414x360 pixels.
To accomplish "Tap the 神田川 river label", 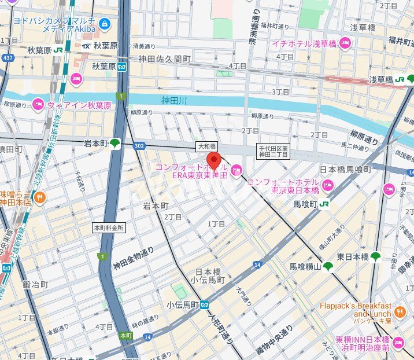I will coord(174,101).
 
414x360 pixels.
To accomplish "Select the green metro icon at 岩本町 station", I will coord(115,144).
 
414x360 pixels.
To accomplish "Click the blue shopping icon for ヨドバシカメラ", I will coord(104,24).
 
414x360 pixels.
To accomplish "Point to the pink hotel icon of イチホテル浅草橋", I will coord(345,42).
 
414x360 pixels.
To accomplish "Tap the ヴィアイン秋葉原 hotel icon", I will coord(38,105).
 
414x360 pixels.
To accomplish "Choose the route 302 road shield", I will coord(138,146).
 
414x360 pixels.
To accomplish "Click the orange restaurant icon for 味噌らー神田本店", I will coord(39,197).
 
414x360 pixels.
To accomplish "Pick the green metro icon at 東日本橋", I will coord(376,256).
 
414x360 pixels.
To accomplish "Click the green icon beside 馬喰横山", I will coord(328,266).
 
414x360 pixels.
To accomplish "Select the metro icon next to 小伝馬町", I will coord(205,304).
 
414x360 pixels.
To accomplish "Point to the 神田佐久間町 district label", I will coord(164,58).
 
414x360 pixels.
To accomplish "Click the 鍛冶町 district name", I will coord(35,285).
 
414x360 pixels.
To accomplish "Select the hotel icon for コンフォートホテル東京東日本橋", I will coord(328,185).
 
